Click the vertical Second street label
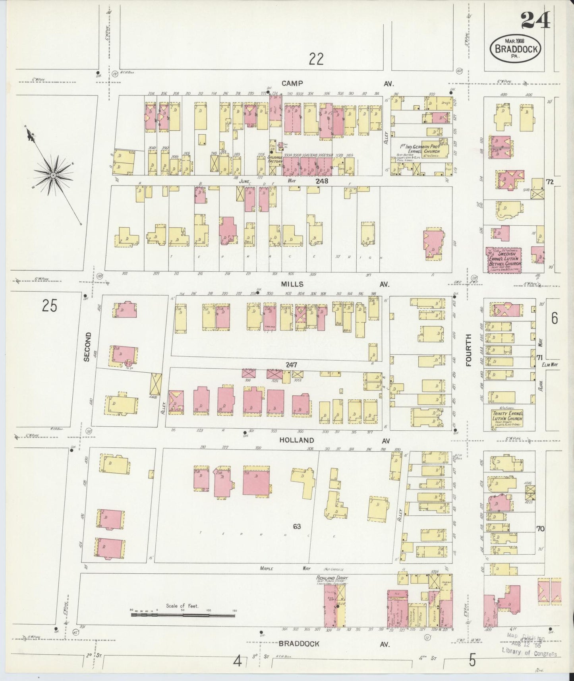(x=87, y=346)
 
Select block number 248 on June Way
(x=322, y=181)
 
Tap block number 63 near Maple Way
(x=297, y=527)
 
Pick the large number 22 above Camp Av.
(x=316, y=59)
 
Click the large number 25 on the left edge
(x=50, y=306)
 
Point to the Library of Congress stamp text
(x=529, y=654)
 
